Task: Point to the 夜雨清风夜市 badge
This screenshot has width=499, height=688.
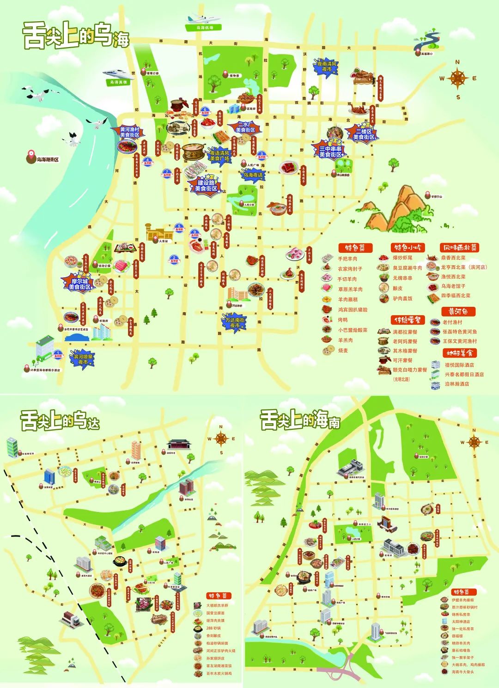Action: pos(327,67)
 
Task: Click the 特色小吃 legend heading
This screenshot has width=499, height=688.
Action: pos(408,247)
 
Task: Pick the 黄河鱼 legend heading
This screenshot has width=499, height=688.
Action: pos(458,311)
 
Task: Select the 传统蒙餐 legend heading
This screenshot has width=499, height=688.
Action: pos(408,320)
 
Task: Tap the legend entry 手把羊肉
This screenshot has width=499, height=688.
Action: pos(347,259)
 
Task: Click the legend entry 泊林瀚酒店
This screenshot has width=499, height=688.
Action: pos(456,384)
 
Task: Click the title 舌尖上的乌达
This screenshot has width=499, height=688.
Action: pos(60,421)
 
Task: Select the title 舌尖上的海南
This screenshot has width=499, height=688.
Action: pos(300,420)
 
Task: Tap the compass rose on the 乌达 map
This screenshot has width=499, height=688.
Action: pos(221,439)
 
